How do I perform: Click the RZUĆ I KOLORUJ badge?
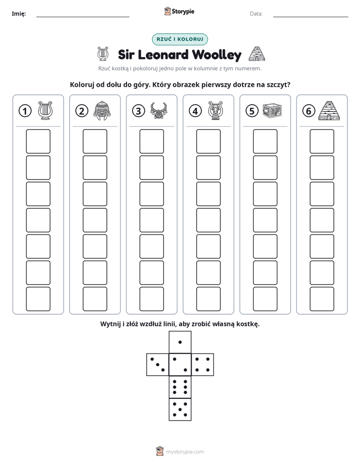point(179,39)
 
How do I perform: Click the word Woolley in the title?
point(216,55)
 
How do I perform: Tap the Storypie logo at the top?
point(179,12)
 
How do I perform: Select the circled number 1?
point(25,111)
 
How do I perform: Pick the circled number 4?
point(195,111)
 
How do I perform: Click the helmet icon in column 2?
point(102,110)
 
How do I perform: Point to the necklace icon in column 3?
point(159,111)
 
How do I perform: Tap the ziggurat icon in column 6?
point(329,110)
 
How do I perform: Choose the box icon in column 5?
point(272,110)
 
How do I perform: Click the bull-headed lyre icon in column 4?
point(216,110)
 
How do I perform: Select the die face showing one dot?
point(180,342)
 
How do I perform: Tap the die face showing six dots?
point(180,387)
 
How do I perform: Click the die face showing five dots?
point(180,409)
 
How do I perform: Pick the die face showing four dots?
point(202,365)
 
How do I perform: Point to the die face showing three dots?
point(158,365)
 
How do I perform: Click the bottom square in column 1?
point(38,299)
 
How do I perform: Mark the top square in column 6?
point(322,141)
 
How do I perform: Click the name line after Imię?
point(83,17)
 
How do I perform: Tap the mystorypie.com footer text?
point(185,452)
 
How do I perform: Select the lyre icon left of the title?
point(103,54)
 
